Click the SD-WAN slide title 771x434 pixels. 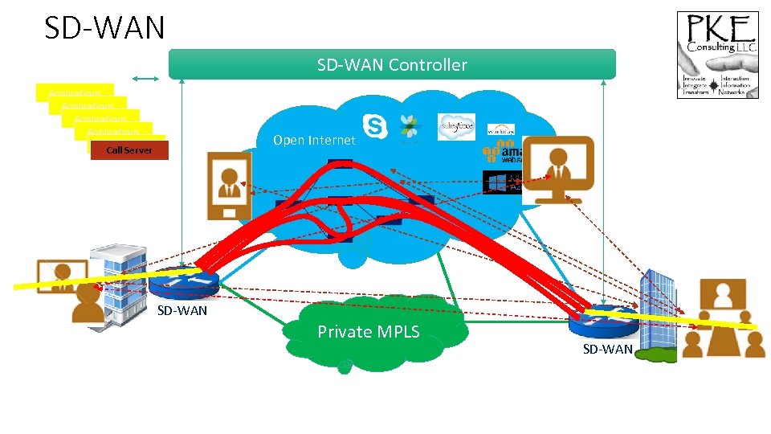(104, 27)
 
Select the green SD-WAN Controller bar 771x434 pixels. (392, 64)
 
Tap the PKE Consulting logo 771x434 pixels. (717, 55)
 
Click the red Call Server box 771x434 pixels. (129, 150)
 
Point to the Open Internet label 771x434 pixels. (313, 140)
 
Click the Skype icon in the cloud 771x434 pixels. (374, 125)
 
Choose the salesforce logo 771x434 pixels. (456, 126)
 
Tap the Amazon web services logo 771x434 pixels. (498, 154)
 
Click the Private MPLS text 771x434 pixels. (368, 331)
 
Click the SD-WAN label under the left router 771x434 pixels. (182, 310)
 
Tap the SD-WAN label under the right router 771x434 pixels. (607, 348)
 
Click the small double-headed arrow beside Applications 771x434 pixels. (146, 78)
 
